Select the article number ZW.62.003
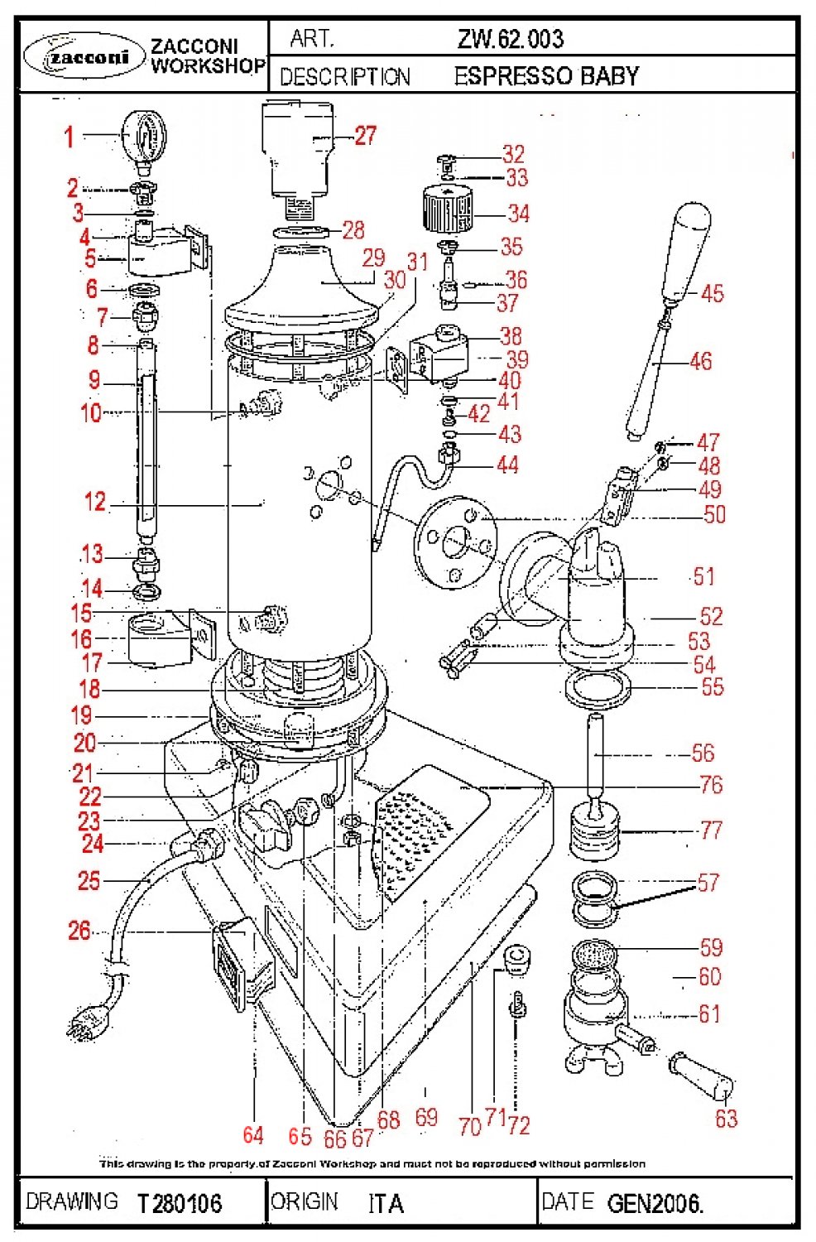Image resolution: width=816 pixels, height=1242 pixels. point(510,39)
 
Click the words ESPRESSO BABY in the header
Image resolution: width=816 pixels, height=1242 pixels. point(546,76)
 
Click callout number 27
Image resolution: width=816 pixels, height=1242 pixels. point(366,136)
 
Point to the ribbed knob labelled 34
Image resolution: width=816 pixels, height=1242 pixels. point(446,209)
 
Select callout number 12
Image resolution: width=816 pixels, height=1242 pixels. point(95,502)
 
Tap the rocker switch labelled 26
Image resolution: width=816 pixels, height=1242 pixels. point(236,960)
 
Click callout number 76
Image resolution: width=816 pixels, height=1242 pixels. point(711,784)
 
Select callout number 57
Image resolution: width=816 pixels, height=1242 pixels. point(709,883)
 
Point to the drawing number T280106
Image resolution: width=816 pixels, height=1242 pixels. point(180,1202)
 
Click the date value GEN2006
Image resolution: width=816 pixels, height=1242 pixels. point(655,1202)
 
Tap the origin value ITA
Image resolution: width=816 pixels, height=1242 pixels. point(386,1202)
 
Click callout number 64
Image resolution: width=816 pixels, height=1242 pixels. point(253,1134)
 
